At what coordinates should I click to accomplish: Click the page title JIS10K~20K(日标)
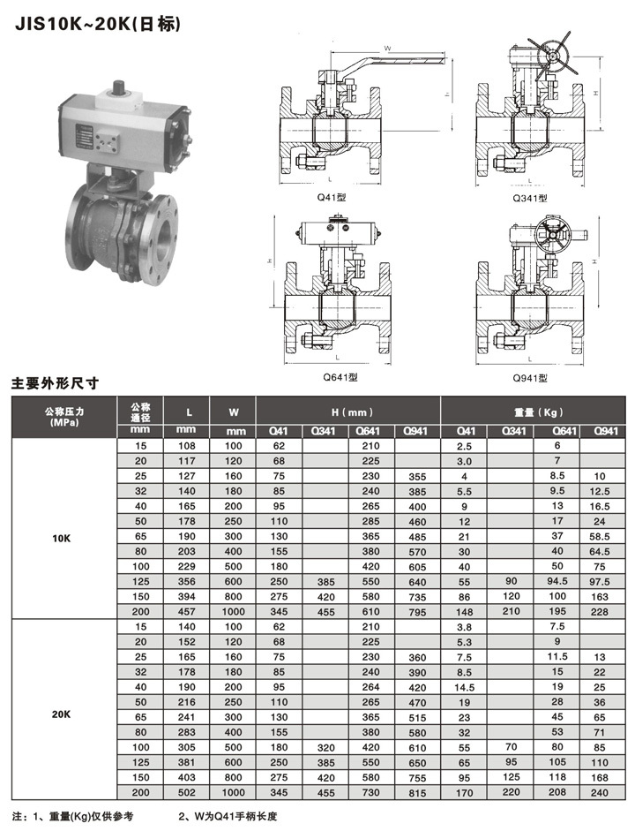pyautogui.click(x=98, y=25)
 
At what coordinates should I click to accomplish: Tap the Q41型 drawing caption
pyautogui.click(x=332, y=197)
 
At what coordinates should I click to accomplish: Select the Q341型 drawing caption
pyautogui.click(x=529, y=198)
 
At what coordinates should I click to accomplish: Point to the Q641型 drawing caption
pyautogui.click(x=340, y=377)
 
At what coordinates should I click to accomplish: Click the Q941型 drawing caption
pyautogui.click(x=529, y=378)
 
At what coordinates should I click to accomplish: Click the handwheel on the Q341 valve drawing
pyautogui.click(x=552, y=54)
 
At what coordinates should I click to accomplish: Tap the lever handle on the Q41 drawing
pyautogui.click(x=392, y=61)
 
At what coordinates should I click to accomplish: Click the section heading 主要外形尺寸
pyautogui.click(x=55, y=383)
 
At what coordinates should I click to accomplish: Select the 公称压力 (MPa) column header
pyautogui.click(x=64, y=417)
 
